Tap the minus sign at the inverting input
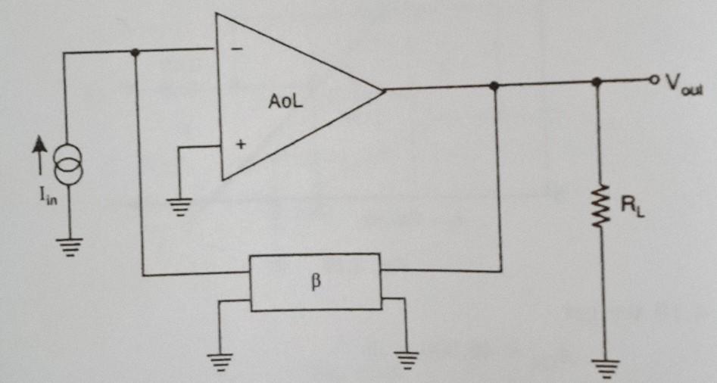click(237, 50)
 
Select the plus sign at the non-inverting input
click(240, 146)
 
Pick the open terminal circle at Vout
click(650, 80)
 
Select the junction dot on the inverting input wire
click(135, 52)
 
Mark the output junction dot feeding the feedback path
click(494, 86)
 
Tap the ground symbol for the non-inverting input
click(179, 206)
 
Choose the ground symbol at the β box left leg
click(220, 359)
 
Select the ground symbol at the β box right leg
click(406, 359)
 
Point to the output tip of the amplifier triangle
click(384, 90)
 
